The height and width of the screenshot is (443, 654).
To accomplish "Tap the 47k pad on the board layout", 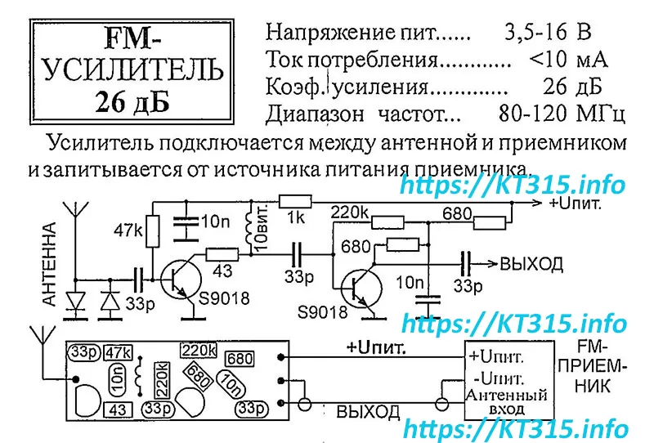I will pyautogui.click(x=119, y=351).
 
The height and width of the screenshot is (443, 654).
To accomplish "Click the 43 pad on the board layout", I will pyautogui.click(x=117, y=409).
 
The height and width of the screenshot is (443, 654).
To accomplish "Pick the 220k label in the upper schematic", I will pyautogui.click(x=349, y=213).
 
